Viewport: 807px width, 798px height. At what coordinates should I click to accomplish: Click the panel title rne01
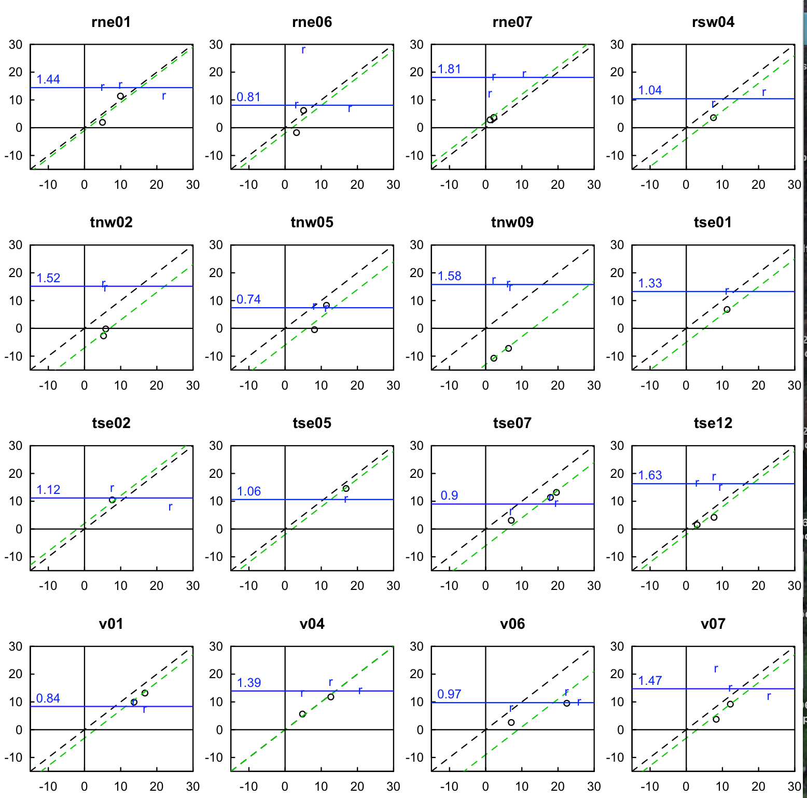[111, 22]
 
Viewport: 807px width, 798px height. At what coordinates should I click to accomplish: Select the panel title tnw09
[512, 223]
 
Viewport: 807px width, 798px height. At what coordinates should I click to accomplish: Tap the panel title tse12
[713, 423]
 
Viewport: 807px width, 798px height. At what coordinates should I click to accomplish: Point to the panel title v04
[312, 624]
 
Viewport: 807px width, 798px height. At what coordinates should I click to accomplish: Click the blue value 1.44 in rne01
[48, 79]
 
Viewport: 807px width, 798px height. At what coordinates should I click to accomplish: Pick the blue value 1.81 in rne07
[449, 69]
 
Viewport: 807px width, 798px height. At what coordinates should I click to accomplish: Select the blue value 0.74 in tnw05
[248, 299]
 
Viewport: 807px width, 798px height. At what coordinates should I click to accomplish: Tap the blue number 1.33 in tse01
[650, 283]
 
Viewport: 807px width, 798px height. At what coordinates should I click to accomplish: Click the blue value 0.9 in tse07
[449, 496]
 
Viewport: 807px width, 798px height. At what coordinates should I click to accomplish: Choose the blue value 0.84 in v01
[48, 698]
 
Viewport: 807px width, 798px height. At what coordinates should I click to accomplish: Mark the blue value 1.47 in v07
[650, 681]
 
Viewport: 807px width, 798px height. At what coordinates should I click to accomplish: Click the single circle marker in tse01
[727, 310]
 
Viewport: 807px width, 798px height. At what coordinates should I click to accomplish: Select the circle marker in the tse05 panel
[346, 489]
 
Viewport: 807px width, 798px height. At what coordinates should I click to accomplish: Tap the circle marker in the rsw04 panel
[714, 118]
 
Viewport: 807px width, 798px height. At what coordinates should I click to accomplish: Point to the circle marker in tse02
[112, 500]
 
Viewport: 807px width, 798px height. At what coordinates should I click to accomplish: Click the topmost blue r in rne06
[303, 50]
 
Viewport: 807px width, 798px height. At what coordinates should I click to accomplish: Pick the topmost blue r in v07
[716, 669]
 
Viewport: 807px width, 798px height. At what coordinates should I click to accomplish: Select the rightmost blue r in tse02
[170, 507]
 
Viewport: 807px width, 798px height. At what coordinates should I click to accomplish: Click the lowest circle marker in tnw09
[494, 359]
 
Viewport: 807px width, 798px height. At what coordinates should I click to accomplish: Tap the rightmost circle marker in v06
[567, 704]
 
